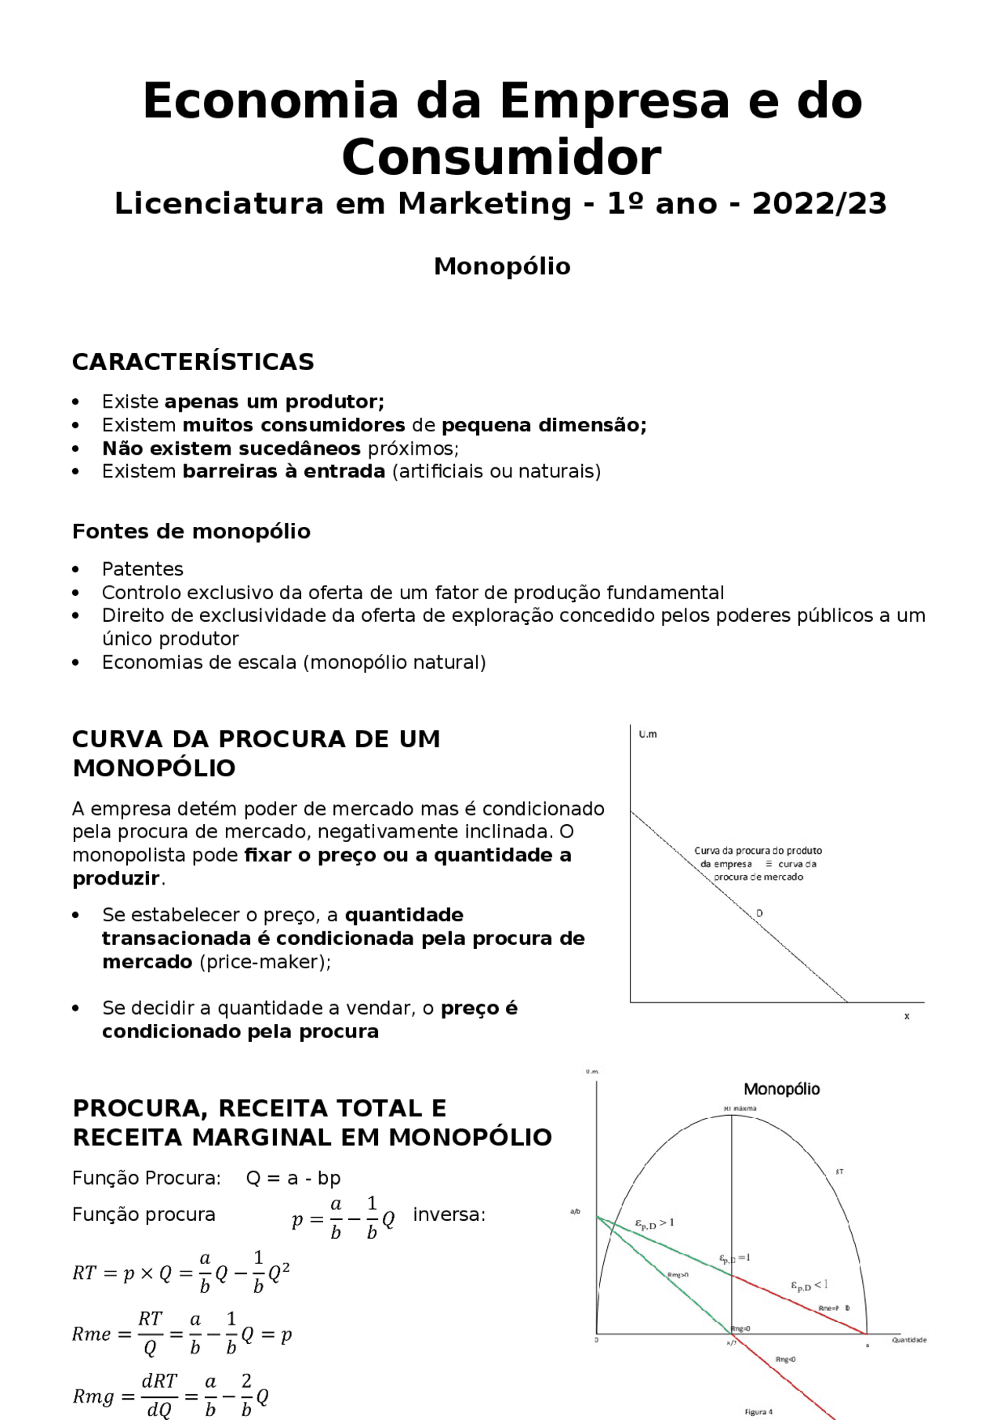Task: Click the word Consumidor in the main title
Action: coord(501,158)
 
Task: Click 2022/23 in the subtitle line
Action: coord(819,204)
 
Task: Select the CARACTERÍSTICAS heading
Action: coord(193,361)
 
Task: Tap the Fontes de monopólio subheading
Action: coord(191,531)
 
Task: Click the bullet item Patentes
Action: coord(143,568)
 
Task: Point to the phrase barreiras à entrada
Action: coord(284,471)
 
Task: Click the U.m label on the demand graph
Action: coord(648,735)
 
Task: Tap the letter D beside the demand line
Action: coord(759,913)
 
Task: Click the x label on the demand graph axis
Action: coord(907,1016)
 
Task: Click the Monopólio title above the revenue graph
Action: coord(781,1089)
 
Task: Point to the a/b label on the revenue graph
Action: coord(575,1211)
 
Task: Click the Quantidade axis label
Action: coord(909,1340)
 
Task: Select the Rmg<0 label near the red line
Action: coord(785,1359)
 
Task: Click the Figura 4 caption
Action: coord(758,1411)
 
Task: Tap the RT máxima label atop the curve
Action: coord(740,1109)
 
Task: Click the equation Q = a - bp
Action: coord(293,1178)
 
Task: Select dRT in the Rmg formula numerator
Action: coord(160,1381)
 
